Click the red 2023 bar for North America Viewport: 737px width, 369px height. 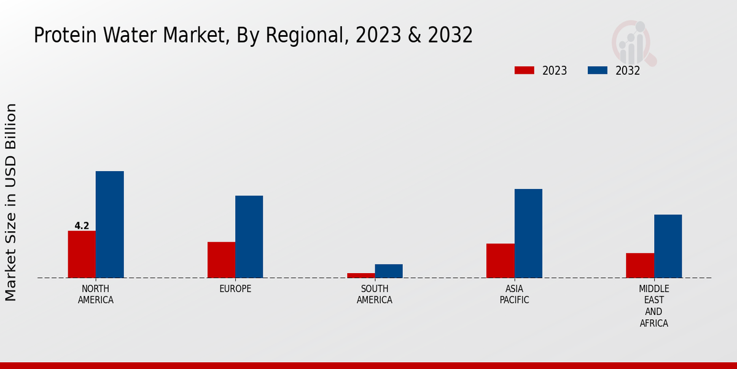82,254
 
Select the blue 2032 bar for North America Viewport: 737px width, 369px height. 109,224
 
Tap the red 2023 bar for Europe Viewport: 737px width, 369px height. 221,260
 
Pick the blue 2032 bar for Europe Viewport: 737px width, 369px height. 249,237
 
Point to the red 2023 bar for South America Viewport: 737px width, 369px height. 361,275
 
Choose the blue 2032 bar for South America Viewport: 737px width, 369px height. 389,271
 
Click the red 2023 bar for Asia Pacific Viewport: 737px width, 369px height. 500,260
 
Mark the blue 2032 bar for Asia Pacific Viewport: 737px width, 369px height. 528,233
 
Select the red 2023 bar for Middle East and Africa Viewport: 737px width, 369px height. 640,265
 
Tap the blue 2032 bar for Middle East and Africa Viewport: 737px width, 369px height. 668,246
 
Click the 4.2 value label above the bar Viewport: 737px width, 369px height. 82,226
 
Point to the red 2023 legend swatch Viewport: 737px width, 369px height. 524,70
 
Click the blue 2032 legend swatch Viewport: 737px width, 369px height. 598,70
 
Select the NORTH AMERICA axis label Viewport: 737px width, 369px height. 96,294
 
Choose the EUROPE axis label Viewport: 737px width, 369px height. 235,288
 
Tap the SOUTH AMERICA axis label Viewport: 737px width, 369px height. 375,294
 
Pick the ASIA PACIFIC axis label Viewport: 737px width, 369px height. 514,294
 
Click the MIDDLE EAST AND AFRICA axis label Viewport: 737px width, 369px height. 653,306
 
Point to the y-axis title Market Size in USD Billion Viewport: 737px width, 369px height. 11,202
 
